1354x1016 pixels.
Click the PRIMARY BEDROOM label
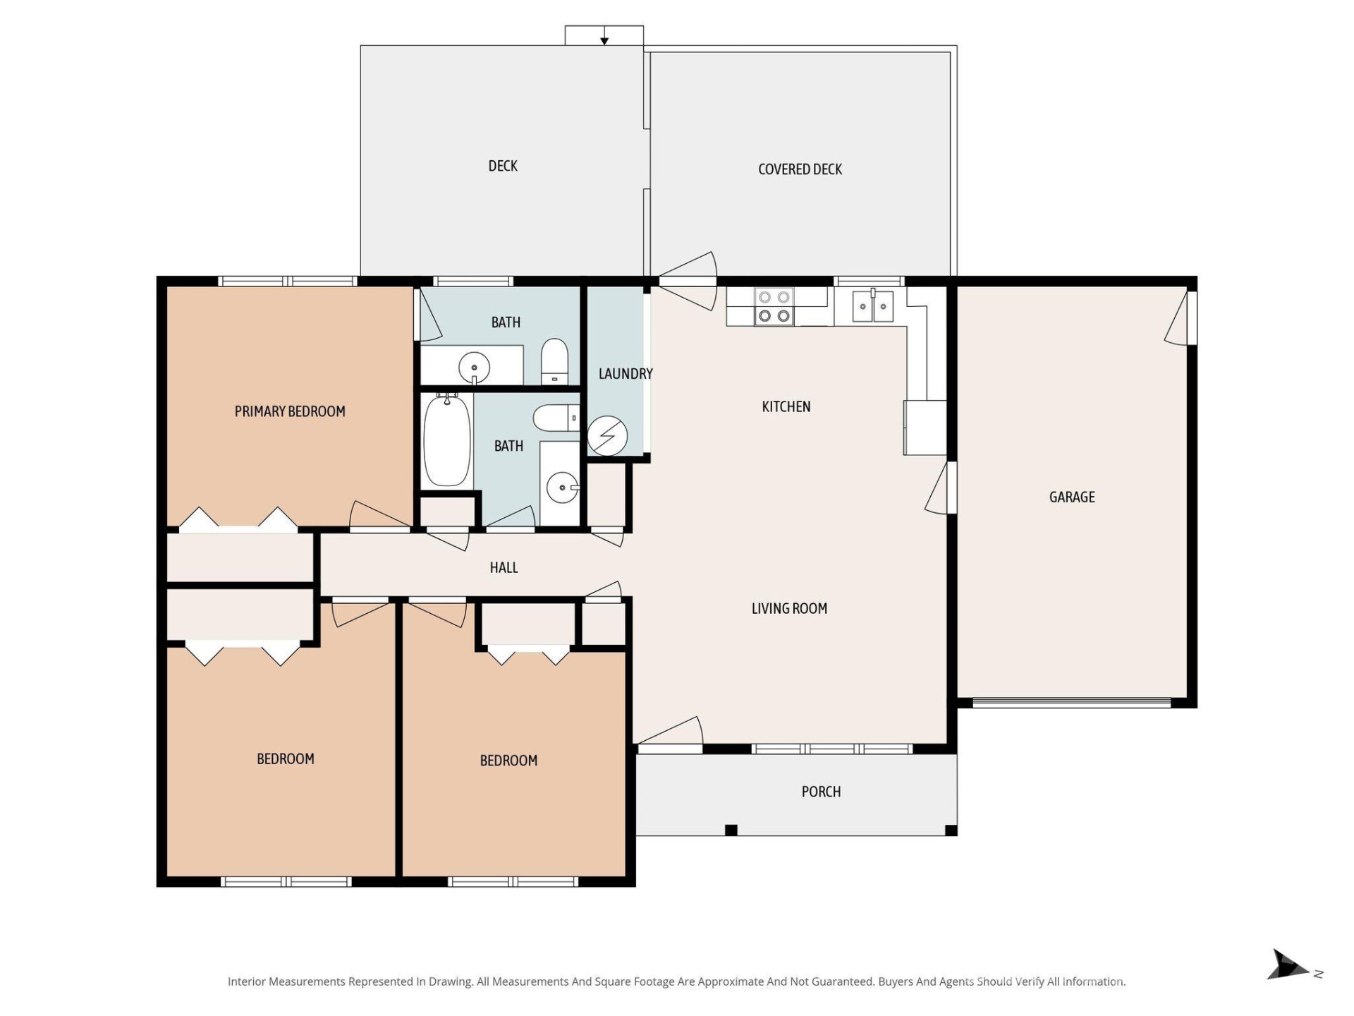click(x=290, y=411)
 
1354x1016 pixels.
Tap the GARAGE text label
click(x=1071, y=497)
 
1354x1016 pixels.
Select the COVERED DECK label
click(x=800, y=169)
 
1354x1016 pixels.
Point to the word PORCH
click(x=821, y=792)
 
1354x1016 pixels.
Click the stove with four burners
click(x=774, y=307)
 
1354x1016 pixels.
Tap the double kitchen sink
click(x=872, y=307)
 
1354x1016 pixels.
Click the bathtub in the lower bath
click(x=446, y=440)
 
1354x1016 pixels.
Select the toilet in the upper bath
click(x=554, y=361)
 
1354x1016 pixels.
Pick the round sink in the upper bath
click(x=474, y=367)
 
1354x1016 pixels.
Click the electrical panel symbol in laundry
click(x=607, y=436)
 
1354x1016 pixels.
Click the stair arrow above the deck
click(x=604, y=40)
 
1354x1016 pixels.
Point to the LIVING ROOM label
click(x=789, y=608)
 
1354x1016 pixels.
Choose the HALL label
click(x=504, y=567)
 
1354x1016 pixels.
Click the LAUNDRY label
click(x=625, y=374)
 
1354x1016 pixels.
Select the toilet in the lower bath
click(x=555, y=418)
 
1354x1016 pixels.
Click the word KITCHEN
click(x=786, y=406)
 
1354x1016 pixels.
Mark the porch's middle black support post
click(x=731, y=830)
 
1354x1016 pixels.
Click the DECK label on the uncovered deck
click(x=503, y=166)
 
